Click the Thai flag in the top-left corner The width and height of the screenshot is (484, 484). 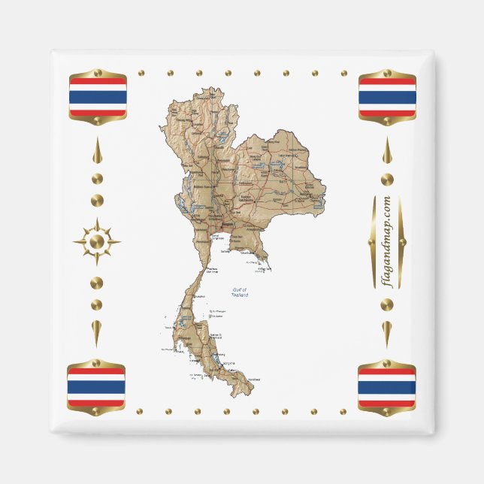pos(98,96)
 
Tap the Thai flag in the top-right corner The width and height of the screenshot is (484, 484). pos(387,97)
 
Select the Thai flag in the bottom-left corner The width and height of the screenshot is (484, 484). pos(96,387)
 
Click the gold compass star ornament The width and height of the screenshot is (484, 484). pos(96,242)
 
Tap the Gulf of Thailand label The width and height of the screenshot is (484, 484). pos(240,292)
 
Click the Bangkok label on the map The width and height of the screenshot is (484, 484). pos(225,225)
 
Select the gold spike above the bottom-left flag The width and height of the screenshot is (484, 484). pos(97,331)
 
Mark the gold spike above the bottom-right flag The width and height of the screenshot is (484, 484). pos(387,331)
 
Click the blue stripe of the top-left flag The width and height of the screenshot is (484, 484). pos(98,96)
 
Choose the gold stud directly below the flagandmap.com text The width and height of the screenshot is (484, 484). pos(387,305)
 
